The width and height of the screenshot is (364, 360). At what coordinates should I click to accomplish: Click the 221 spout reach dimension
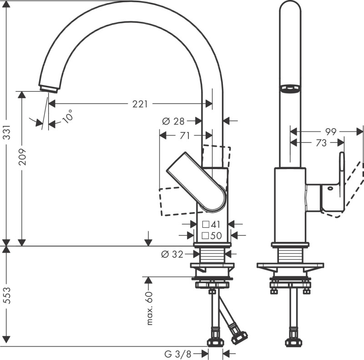[x=140, y=104]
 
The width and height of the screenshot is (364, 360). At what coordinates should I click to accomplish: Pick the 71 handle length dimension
[x=184, y=135]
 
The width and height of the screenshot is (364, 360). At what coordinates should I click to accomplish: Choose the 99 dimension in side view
[x=331, y=132]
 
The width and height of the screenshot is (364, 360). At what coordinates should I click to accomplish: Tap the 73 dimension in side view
[x=321, y=143]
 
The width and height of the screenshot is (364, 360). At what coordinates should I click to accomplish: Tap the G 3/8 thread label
[x=178, y=354]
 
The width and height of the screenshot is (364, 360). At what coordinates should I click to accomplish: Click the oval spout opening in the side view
[x=290, y=89]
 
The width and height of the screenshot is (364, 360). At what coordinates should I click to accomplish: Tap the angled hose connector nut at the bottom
[x=238, y=338]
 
